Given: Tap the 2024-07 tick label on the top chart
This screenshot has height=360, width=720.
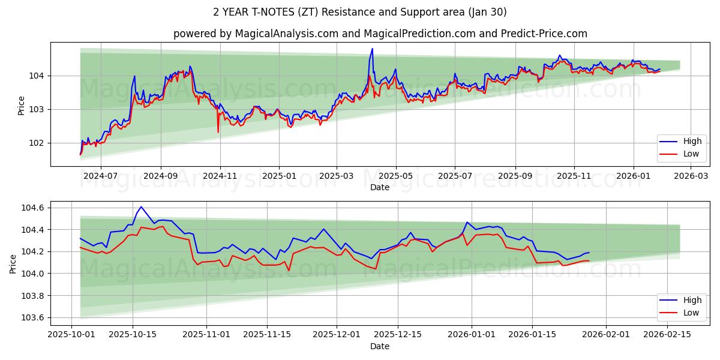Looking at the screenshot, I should click(100, 176).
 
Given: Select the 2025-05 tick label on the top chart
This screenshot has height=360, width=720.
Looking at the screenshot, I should click(396, 176).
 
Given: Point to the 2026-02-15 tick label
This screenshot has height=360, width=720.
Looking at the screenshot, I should click(667, 334).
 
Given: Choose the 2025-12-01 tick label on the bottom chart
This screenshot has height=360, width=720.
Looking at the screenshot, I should click(337, 334).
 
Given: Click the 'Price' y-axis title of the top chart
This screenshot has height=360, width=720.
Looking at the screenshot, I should click(22, 105).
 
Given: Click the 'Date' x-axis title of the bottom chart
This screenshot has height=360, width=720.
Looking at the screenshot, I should click(379, 346).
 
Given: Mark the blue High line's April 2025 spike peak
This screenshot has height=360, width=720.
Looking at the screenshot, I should click(372, 49).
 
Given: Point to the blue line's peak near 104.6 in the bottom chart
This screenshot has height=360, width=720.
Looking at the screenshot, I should click(141, 207).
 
